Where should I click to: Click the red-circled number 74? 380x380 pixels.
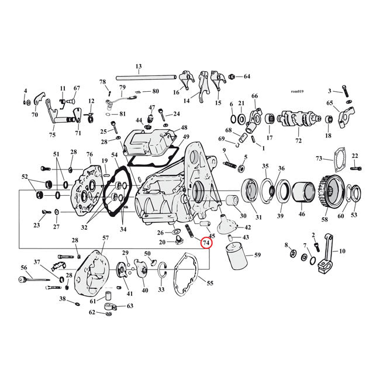coord(205,243)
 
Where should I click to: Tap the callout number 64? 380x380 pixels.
coord(247,77)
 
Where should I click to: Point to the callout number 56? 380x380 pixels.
coord(24,268)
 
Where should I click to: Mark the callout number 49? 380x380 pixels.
coord(186,137)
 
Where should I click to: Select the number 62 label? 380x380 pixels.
coord(92,312)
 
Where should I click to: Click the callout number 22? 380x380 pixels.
coord(354,155)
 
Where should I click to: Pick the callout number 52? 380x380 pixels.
coord(25,177)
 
